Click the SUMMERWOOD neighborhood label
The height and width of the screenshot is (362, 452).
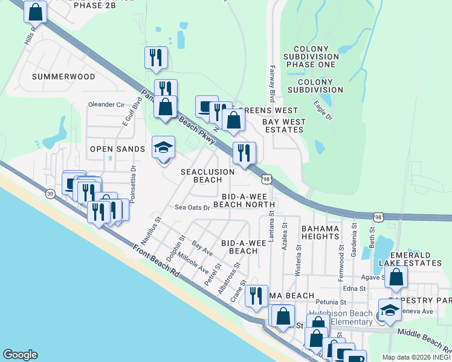(x=63, y=77)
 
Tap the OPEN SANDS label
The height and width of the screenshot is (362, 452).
(x=117, y=149)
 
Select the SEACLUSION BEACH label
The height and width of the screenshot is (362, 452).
(x=208, y=176)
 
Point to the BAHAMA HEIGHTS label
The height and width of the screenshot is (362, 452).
(x=320, y=232)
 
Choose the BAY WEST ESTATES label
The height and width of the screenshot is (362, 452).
(x=284, y=125)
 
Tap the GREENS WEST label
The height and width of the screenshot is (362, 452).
(x=271, y=110)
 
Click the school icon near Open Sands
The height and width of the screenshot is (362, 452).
(x=163, y=147)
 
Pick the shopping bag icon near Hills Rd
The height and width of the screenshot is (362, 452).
(x=35, y=11)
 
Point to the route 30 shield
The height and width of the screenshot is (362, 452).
(x=50, y=192)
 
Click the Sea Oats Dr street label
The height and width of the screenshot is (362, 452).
(x=192, y=207)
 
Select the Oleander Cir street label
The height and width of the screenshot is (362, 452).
(x=106, y=104)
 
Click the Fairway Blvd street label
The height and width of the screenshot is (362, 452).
(x=272, y=84)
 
